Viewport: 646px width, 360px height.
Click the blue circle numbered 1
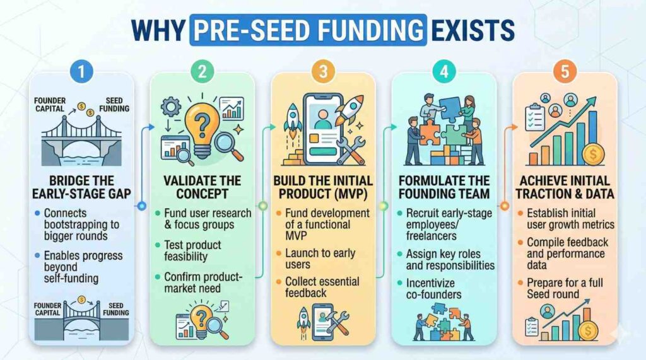click(x=81, y=72)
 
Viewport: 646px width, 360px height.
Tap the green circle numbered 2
click(x=203, y=72)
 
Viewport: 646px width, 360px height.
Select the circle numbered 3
click(x=323, y=72)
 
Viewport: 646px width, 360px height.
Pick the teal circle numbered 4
click(x=444, y=72)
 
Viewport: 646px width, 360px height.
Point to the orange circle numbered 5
click(x=565, y=72)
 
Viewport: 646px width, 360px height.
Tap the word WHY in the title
click(x=158, y=30)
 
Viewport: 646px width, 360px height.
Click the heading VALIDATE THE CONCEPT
click(x=202, y=187)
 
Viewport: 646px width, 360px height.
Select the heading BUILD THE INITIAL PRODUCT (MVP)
click(x=323, y=187)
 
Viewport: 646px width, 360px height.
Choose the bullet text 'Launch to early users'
click(x=320, y=258)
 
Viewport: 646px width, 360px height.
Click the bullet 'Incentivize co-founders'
click(x=433, y=289)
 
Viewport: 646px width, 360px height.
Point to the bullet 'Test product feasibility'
click(x=192, y=250)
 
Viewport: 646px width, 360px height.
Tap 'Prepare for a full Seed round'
click(x=565, y=288)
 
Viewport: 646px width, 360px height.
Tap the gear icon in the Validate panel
click(x=170, y=107)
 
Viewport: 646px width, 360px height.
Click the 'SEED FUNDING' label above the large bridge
click(x=114, y=105)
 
